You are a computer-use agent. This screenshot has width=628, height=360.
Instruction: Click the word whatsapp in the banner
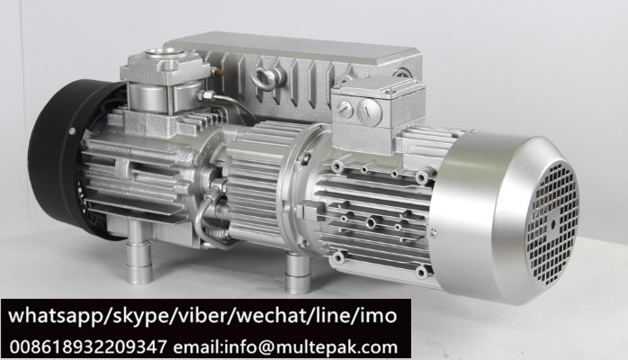(55, 316)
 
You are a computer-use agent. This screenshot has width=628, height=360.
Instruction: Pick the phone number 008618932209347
(87, 346)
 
